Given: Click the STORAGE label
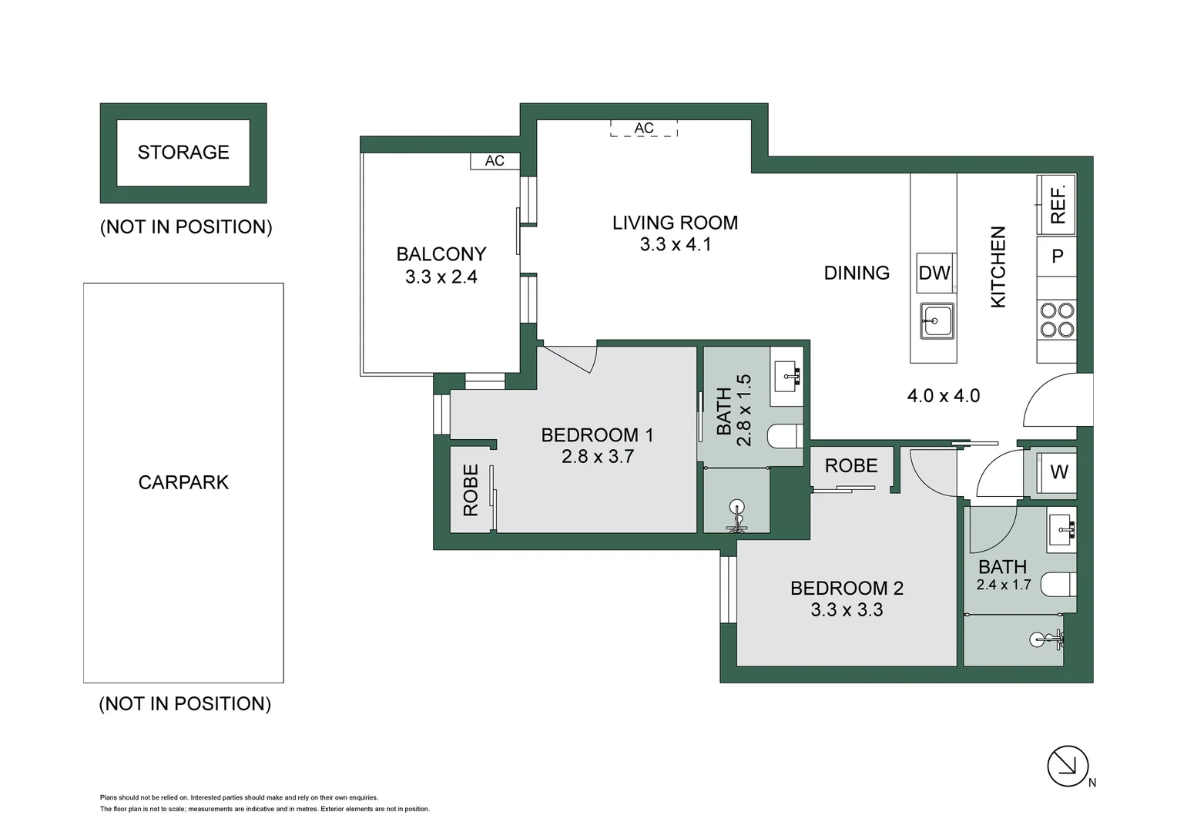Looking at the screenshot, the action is point(183,153).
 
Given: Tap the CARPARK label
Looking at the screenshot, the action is point(183,482).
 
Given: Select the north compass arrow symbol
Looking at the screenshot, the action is point(1068,766).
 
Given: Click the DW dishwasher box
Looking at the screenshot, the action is point(935,273).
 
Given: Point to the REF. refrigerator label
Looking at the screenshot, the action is point(1058,204).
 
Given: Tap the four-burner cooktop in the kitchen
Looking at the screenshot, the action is point(1057,320).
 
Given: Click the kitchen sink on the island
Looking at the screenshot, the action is point(937,320).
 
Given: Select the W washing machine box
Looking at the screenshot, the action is point(1057,472).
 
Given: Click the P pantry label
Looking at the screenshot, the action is point(1057,256).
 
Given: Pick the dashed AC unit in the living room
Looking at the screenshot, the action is point(644,128).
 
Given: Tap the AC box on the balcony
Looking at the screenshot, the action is point(495,161).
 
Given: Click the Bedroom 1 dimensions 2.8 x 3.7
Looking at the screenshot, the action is point(598,456).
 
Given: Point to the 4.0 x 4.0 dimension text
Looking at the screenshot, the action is point(943,396).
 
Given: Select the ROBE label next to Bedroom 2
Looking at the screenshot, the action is point(851,465).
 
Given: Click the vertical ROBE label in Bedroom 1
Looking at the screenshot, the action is point(471,490).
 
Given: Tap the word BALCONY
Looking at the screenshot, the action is point(441,254).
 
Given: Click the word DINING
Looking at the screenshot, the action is point(857,273).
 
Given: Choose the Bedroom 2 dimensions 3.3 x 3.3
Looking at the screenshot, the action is point(847,609).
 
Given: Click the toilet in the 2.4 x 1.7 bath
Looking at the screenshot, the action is point(1058,585).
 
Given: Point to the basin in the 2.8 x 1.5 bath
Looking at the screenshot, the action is point(786,376).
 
